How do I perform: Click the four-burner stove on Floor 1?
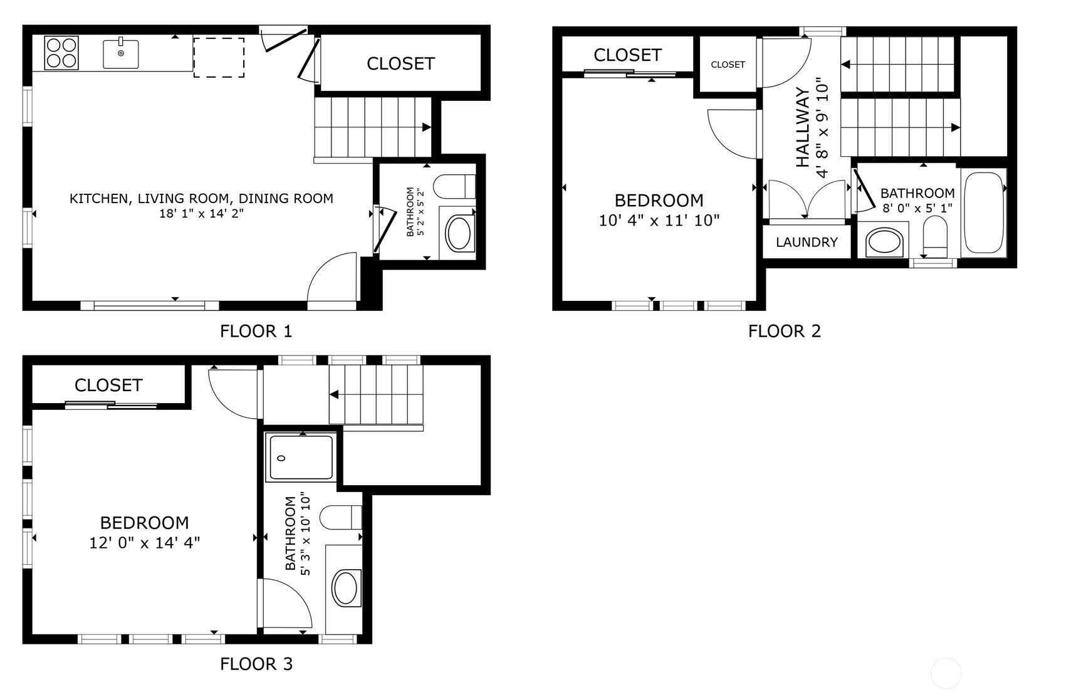(61, 53)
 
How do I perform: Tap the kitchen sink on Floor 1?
(120, 53)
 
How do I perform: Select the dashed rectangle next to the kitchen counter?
(219, 57)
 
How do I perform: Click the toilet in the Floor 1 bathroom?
(454, 186)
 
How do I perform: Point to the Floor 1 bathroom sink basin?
(458, 233)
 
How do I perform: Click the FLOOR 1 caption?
(256, 331)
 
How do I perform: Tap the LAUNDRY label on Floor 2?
(807, 242)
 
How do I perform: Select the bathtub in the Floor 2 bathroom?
(984, 212)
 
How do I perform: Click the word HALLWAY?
(803, 127)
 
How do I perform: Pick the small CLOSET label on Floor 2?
(728, 65)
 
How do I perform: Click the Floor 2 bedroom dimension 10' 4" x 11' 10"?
(659, 221)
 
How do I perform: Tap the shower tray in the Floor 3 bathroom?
(301, 458)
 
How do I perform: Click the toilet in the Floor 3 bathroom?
(341, 518)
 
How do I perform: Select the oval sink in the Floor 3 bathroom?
(345, 588)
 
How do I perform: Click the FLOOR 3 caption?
(256, 664)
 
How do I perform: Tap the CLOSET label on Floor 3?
(108, 385)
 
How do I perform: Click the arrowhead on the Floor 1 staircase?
(427, 127)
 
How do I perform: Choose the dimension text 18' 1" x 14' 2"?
(201, 214)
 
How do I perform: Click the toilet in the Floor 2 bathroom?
(936, 237)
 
